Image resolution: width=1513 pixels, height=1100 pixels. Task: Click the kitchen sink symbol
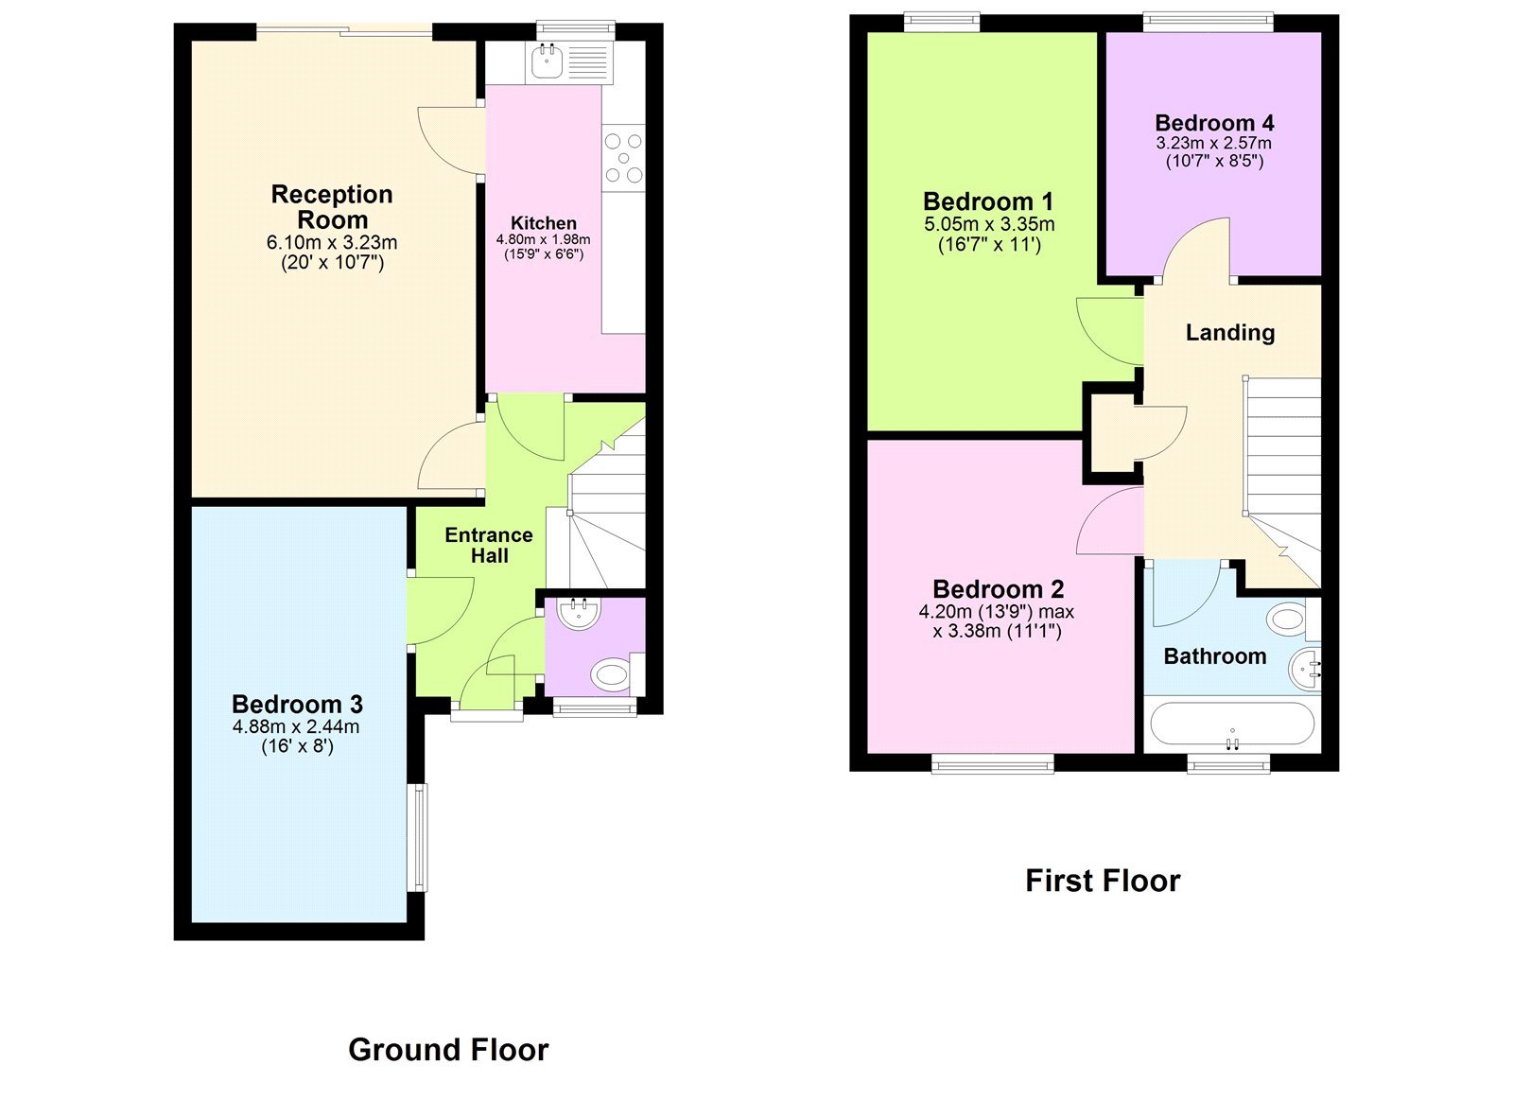point(547,62)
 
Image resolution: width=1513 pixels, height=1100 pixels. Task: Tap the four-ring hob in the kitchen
point(623,158)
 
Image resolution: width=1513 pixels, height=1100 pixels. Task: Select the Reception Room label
point(332,206)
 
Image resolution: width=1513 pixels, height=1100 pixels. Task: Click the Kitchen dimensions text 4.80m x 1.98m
point(543,240)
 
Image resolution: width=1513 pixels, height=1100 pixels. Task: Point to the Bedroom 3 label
point(297,705)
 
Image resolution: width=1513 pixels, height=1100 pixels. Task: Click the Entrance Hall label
point(489,546)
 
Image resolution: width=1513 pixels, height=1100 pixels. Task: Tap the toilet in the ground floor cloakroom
point(611,674)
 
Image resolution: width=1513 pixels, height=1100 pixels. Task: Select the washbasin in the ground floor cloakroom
point(579,613)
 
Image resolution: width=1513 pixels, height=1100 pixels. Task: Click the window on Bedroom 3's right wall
point(417,837)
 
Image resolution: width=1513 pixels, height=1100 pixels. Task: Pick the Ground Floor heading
point(448,1050)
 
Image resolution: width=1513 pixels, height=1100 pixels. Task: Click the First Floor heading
point(1103,882)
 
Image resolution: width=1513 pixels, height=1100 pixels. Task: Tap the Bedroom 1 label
point(988,201)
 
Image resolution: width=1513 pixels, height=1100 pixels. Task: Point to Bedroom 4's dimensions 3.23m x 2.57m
point(1213,144)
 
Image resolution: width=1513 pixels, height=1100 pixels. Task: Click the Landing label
point(1230,333)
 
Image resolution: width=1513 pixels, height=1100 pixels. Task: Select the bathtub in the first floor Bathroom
point(1231,725)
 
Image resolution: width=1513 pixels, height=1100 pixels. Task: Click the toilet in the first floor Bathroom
point(1288,620)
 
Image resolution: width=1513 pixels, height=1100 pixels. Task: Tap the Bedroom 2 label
point(998,589)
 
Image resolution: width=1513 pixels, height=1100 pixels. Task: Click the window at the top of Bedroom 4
point(1208,22)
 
